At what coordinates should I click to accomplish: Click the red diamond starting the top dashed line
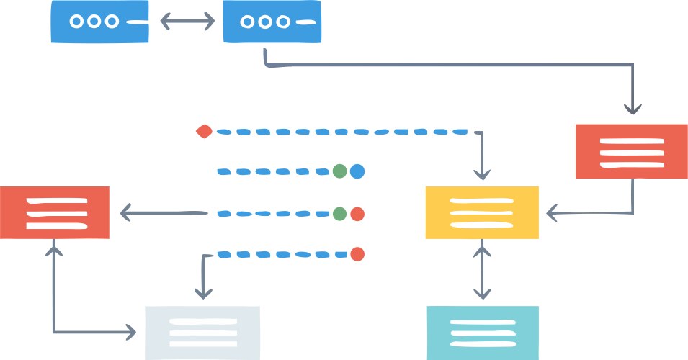pos(204,131)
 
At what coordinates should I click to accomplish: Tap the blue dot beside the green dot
pos(357,171)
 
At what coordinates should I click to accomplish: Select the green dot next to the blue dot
pos(340,171)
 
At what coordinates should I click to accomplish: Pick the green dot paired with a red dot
pos(340,214)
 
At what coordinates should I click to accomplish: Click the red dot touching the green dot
pos(357,214)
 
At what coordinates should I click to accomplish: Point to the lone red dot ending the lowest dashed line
pos(357,253)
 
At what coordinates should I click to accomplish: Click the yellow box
pos(482,212)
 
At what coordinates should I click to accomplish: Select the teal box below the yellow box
pos(482,333)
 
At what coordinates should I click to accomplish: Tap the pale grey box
pos(202,333)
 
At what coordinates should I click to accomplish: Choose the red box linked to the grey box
pos(55,212)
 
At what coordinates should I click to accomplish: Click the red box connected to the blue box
pos(631,151)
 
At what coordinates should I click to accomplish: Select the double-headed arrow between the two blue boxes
pos(187,22)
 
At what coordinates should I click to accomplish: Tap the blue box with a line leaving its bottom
pos(272,22)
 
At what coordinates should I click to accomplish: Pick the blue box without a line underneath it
pos(100,22)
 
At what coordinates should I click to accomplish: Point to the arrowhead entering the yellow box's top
pos(482,174)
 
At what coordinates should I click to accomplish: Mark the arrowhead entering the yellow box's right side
pos(552,213)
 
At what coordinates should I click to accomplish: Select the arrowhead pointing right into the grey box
pos(130,332)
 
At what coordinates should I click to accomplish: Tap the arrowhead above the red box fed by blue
pos(633,109)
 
